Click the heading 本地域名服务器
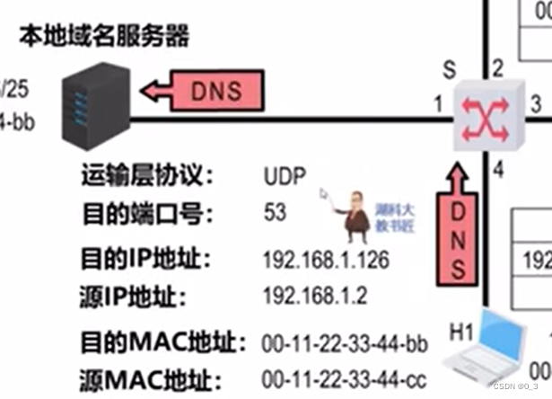tap(103, 38)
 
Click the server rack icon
tap(92, 106)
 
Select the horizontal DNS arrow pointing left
tap(206, 90)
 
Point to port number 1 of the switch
tap(439, 105)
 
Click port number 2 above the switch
tap(497, 67)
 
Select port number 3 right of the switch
tap(535, 103)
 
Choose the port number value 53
tap(275, 213)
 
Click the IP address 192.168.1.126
tap(326, 260)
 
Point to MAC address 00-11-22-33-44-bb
tap(344, 342)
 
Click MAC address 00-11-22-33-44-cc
tap(344, 378)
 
